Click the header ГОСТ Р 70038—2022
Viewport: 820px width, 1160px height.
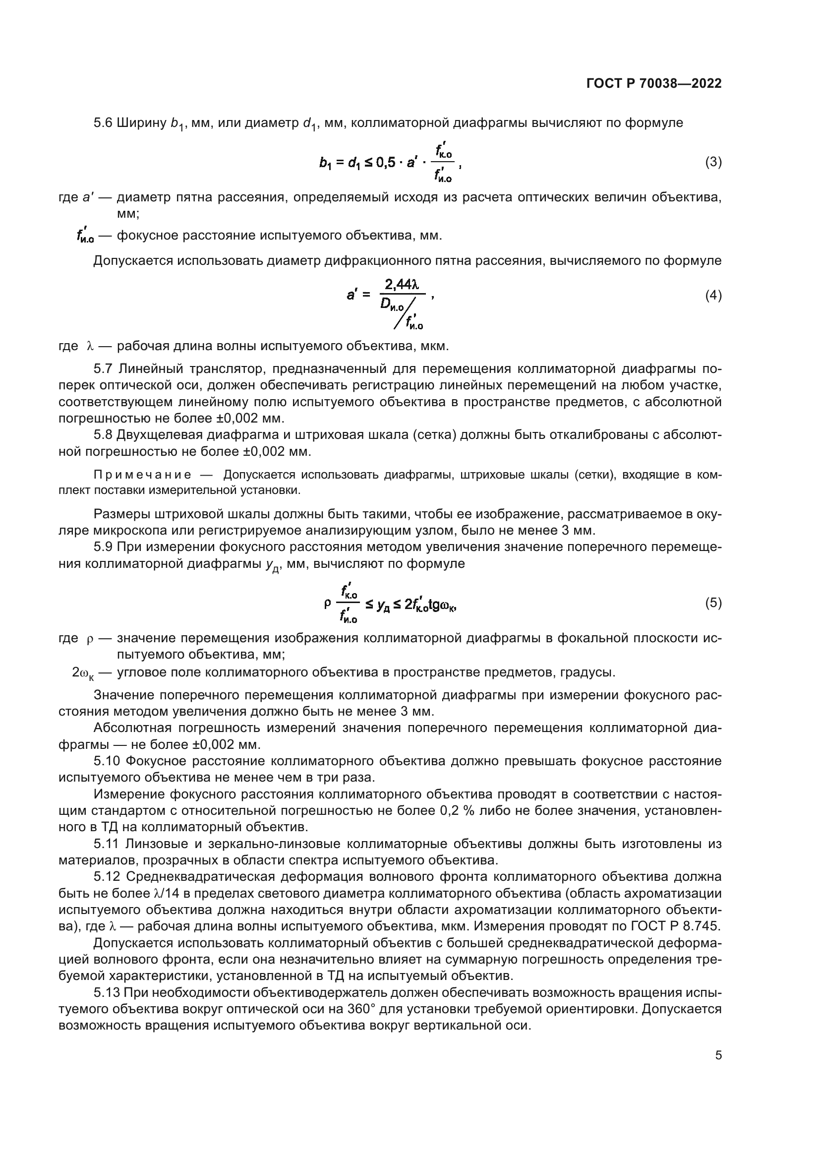[x=654, y=83]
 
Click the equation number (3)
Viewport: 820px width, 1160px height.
[x=713, y=162]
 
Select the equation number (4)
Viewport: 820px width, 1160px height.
[x=713, y=295]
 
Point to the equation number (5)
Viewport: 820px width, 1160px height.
[x=713, y=602]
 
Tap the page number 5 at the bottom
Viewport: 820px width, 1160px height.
[x=718, y=1055]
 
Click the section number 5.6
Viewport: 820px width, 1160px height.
[x=103, y=123]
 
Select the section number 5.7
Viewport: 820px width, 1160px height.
[x=103, y=369]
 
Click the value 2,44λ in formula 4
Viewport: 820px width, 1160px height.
[x=402, y=284]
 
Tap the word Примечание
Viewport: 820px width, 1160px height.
[x=142, y=475]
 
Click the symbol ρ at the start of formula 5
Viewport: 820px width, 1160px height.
[x=327, y=603]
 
